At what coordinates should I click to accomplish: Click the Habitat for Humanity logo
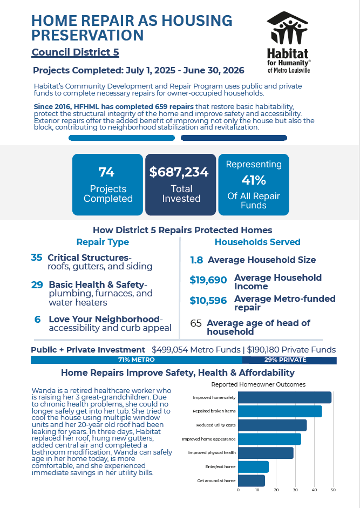point(288,42)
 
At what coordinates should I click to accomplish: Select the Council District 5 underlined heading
point(75,52)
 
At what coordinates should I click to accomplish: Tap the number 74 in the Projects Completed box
point(106,172)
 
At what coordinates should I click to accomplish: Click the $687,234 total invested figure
point(179,172)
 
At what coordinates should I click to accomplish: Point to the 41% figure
point(253,180)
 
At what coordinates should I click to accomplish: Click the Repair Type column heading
point(103,242)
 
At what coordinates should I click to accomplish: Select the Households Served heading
point(257,242)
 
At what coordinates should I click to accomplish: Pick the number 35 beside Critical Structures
point(37,258)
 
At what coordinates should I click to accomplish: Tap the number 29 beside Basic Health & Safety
point(37,285)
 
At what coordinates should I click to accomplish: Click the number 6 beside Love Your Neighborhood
point(38,320)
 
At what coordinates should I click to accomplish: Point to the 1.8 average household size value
point(196,260)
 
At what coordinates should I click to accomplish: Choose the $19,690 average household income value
point(208,280)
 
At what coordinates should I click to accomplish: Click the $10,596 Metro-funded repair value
point(208,300)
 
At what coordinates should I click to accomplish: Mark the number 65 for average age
point(196,323)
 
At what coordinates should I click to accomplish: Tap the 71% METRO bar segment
point(137,360)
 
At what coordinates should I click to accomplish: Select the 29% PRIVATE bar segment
point(289,360)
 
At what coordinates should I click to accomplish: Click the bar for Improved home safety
point(285,397)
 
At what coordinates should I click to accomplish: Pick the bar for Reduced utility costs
point(272,425)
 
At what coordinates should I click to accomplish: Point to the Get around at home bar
point(252,481)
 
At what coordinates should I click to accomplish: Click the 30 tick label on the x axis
point(295,490)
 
